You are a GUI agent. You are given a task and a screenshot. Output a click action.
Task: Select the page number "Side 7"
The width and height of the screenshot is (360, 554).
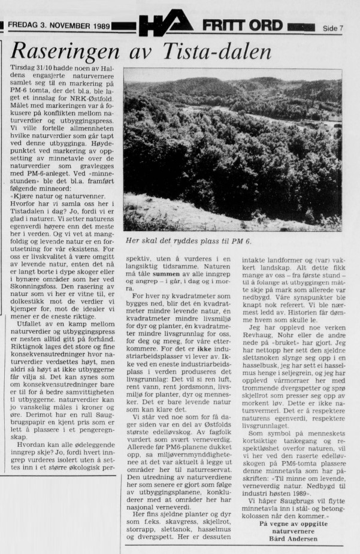click(x=332, y=28)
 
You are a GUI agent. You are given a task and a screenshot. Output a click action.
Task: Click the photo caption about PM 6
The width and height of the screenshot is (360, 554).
click(x=185, y=241)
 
